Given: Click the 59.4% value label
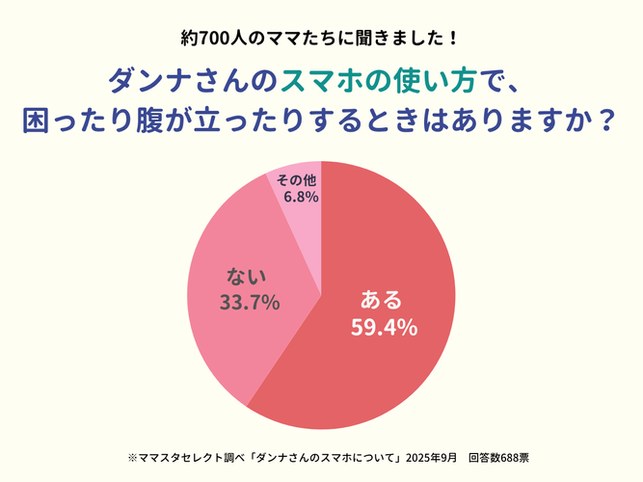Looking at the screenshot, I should coord(384,329).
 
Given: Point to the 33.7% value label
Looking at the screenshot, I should coord(250,303).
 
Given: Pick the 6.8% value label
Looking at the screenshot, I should coord(300,197).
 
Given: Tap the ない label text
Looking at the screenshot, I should coord(246,277).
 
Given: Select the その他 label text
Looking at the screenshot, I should coord(296,180).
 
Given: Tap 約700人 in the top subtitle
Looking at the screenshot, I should coord(216,40).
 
